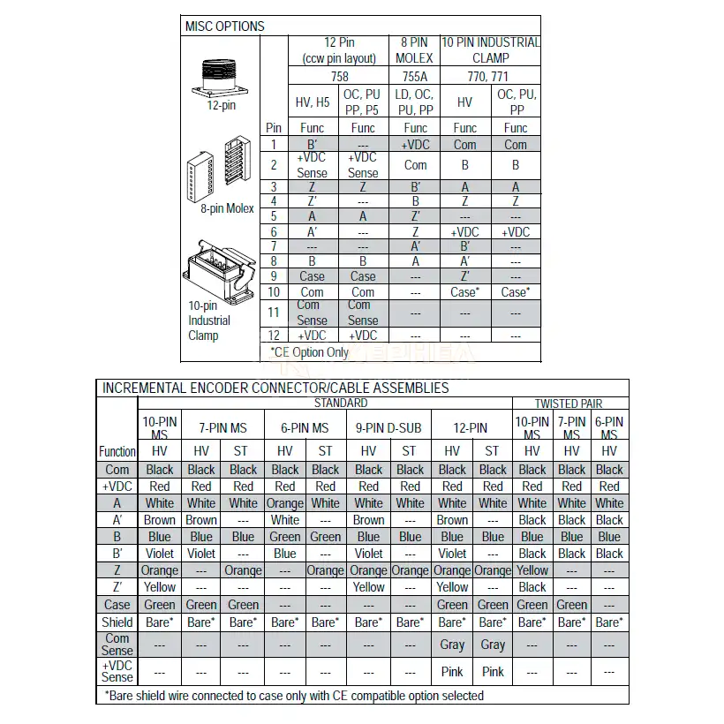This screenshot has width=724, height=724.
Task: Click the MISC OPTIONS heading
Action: (224, 26)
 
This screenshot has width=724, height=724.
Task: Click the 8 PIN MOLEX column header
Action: (415, 49)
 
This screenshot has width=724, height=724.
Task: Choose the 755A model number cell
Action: (415, 77)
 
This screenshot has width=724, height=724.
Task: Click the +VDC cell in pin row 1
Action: (415, 145)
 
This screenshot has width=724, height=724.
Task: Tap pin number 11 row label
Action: (274, 313)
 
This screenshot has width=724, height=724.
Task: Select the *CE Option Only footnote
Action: (309, 352)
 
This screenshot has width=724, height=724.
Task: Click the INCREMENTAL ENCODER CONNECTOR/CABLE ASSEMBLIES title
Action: (275, 388)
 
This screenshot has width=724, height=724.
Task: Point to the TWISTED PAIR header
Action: (569, 403)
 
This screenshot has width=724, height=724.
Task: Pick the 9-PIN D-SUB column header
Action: (388, 428)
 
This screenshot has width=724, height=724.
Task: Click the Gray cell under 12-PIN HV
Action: (452, 645)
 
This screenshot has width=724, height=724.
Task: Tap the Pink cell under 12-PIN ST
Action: (493, 672)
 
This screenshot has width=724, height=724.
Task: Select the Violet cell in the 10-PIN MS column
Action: (160, 554)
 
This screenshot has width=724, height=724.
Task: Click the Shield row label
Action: (117, 622)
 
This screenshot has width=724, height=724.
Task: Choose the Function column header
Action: (117, 451)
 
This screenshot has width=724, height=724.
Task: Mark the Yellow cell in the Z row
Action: (532, 570)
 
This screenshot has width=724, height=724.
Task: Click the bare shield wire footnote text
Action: (294, 696)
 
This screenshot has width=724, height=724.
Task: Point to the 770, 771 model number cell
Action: (490, 77)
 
